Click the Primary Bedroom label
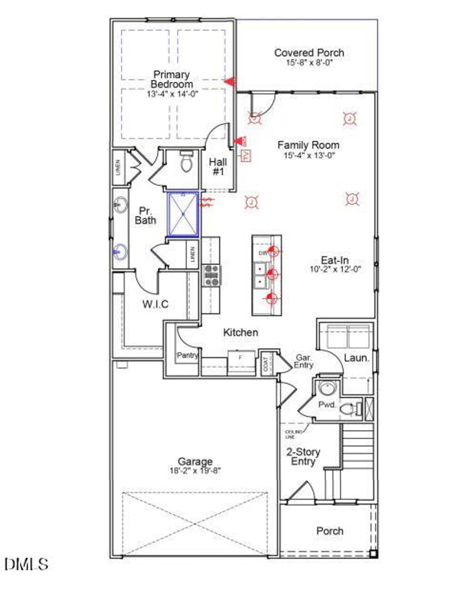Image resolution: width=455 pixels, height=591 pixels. tap(172, 80)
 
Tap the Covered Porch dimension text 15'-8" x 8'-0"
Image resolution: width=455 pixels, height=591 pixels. tap(309, 63)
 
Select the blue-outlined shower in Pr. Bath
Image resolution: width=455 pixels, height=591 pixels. tap(183, 214)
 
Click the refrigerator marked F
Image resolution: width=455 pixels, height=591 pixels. tap(241, 361)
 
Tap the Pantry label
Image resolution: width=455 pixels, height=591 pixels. tap(187, 355)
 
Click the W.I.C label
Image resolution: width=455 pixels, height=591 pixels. tap(155, 304)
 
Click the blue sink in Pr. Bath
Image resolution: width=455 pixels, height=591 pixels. tap(120, 252)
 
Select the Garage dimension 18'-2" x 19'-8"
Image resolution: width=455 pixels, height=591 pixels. tap(195, 471)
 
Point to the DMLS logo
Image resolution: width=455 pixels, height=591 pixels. tap(26, 564)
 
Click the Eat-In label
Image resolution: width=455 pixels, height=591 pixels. tap(334, 260)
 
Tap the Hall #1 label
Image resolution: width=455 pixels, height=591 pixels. tap(218, 167)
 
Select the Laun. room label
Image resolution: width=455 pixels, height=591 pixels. tap(357, 358)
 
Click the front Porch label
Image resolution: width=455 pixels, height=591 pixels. tap(330, 531)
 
